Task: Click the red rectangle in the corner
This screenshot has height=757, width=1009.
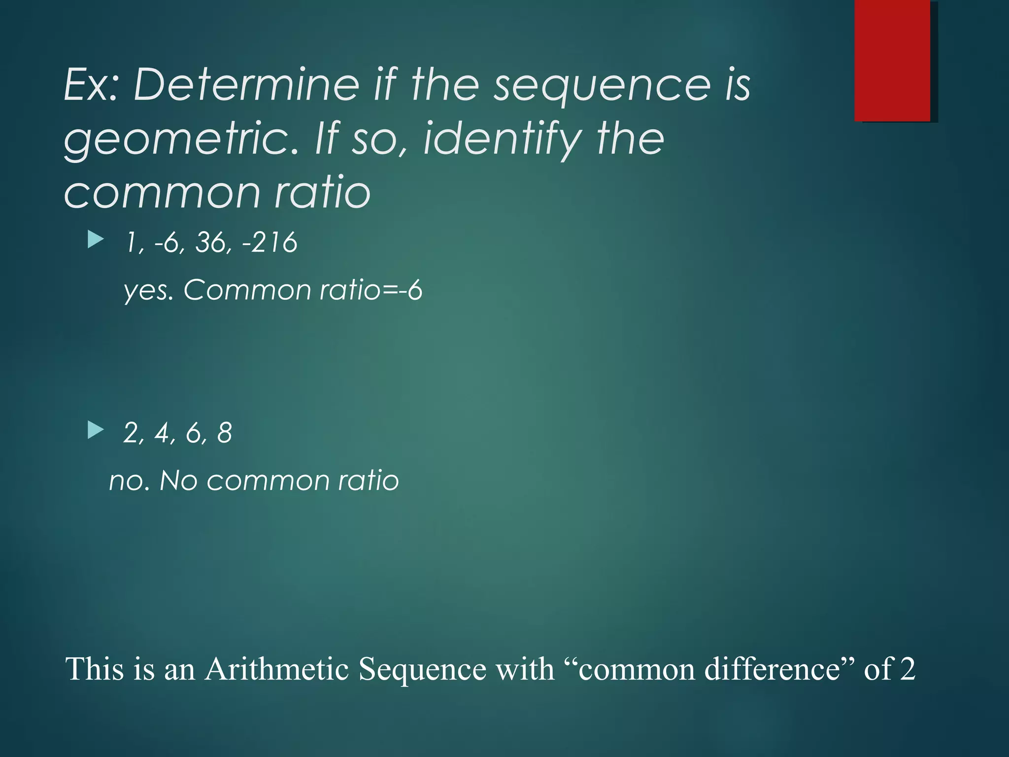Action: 892,61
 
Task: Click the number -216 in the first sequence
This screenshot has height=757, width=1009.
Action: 270,242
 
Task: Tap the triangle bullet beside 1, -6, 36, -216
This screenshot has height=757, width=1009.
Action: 96,241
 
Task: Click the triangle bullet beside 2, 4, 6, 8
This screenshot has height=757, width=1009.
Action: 96,430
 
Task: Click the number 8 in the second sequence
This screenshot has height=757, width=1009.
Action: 224,433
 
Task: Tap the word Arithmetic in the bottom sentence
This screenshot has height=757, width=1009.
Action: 276,669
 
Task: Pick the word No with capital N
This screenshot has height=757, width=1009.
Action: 178,481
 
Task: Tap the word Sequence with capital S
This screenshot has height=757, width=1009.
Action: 422,669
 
